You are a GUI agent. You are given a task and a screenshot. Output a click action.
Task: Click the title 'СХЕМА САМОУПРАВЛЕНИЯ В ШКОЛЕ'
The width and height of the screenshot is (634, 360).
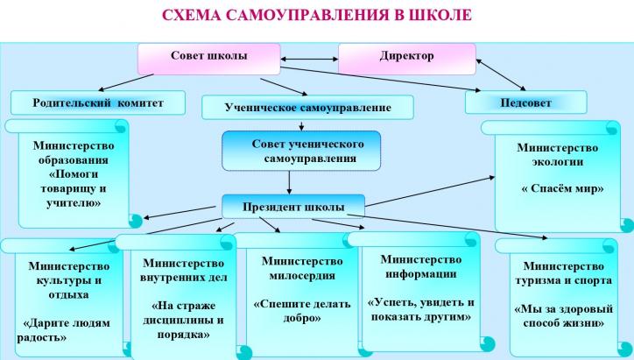pos(317,15)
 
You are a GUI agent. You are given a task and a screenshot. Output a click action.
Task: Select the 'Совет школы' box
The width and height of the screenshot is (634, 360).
pos(208,59)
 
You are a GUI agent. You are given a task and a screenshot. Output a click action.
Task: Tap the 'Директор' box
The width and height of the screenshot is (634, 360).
pos(407,59)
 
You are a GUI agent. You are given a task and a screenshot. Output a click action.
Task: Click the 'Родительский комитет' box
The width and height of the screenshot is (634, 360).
pos(98,102)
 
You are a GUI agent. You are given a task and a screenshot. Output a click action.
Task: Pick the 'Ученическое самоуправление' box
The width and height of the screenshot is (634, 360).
pos(307,107)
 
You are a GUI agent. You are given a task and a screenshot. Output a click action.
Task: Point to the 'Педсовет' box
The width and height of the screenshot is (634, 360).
pos(525,102)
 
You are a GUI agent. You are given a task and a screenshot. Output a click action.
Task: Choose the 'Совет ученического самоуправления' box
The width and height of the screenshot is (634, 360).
pos(301,151)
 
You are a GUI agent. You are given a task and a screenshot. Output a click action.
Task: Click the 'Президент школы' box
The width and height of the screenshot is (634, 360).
pos(293,207)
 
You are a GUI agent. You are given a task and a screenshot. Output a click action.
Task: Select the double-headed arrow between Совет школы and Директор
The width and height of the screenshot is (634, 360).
pos(309,59)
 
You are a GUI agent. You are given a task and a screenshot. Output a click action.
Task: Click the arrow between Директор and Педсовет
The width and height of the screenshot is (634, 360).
pos(501,74)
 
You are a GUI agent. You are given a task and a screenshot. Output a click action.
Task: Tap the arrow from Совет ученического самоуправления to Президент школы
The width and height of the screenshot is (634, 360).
pos(289,183)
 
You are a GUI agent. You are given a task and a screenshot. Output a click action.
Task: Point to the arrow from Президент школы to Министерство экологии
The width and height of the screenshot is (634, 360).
pos(430,191)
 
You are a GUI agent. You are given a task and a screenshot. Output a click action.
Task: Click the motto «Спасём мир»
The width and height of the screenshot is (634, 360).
pos(562,188)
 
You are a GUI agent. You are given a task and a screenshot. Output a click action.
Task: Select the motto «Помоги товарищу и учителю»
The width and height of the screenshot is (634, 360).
pos(74,188)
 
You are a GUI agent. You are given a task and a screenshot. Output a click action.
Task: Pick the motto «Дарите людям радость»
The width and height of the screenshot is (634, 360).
pos(63,330)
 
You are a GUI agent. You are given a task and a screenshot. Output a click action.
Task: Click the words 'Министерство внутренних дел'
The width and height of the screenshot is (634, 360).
pos(183,270)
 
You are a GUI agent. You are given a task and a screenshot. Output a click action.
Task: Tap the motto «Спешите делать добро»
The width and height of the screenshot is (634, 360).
pos(302,310)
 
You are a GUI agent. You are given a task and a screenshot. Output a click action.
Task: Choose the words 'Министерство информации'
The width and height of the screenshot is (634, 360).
pos(421,266)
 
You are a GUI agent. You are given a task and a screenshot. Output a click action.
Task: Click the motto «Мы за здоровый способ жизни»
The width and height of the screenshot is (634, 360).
pos(564,316)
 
